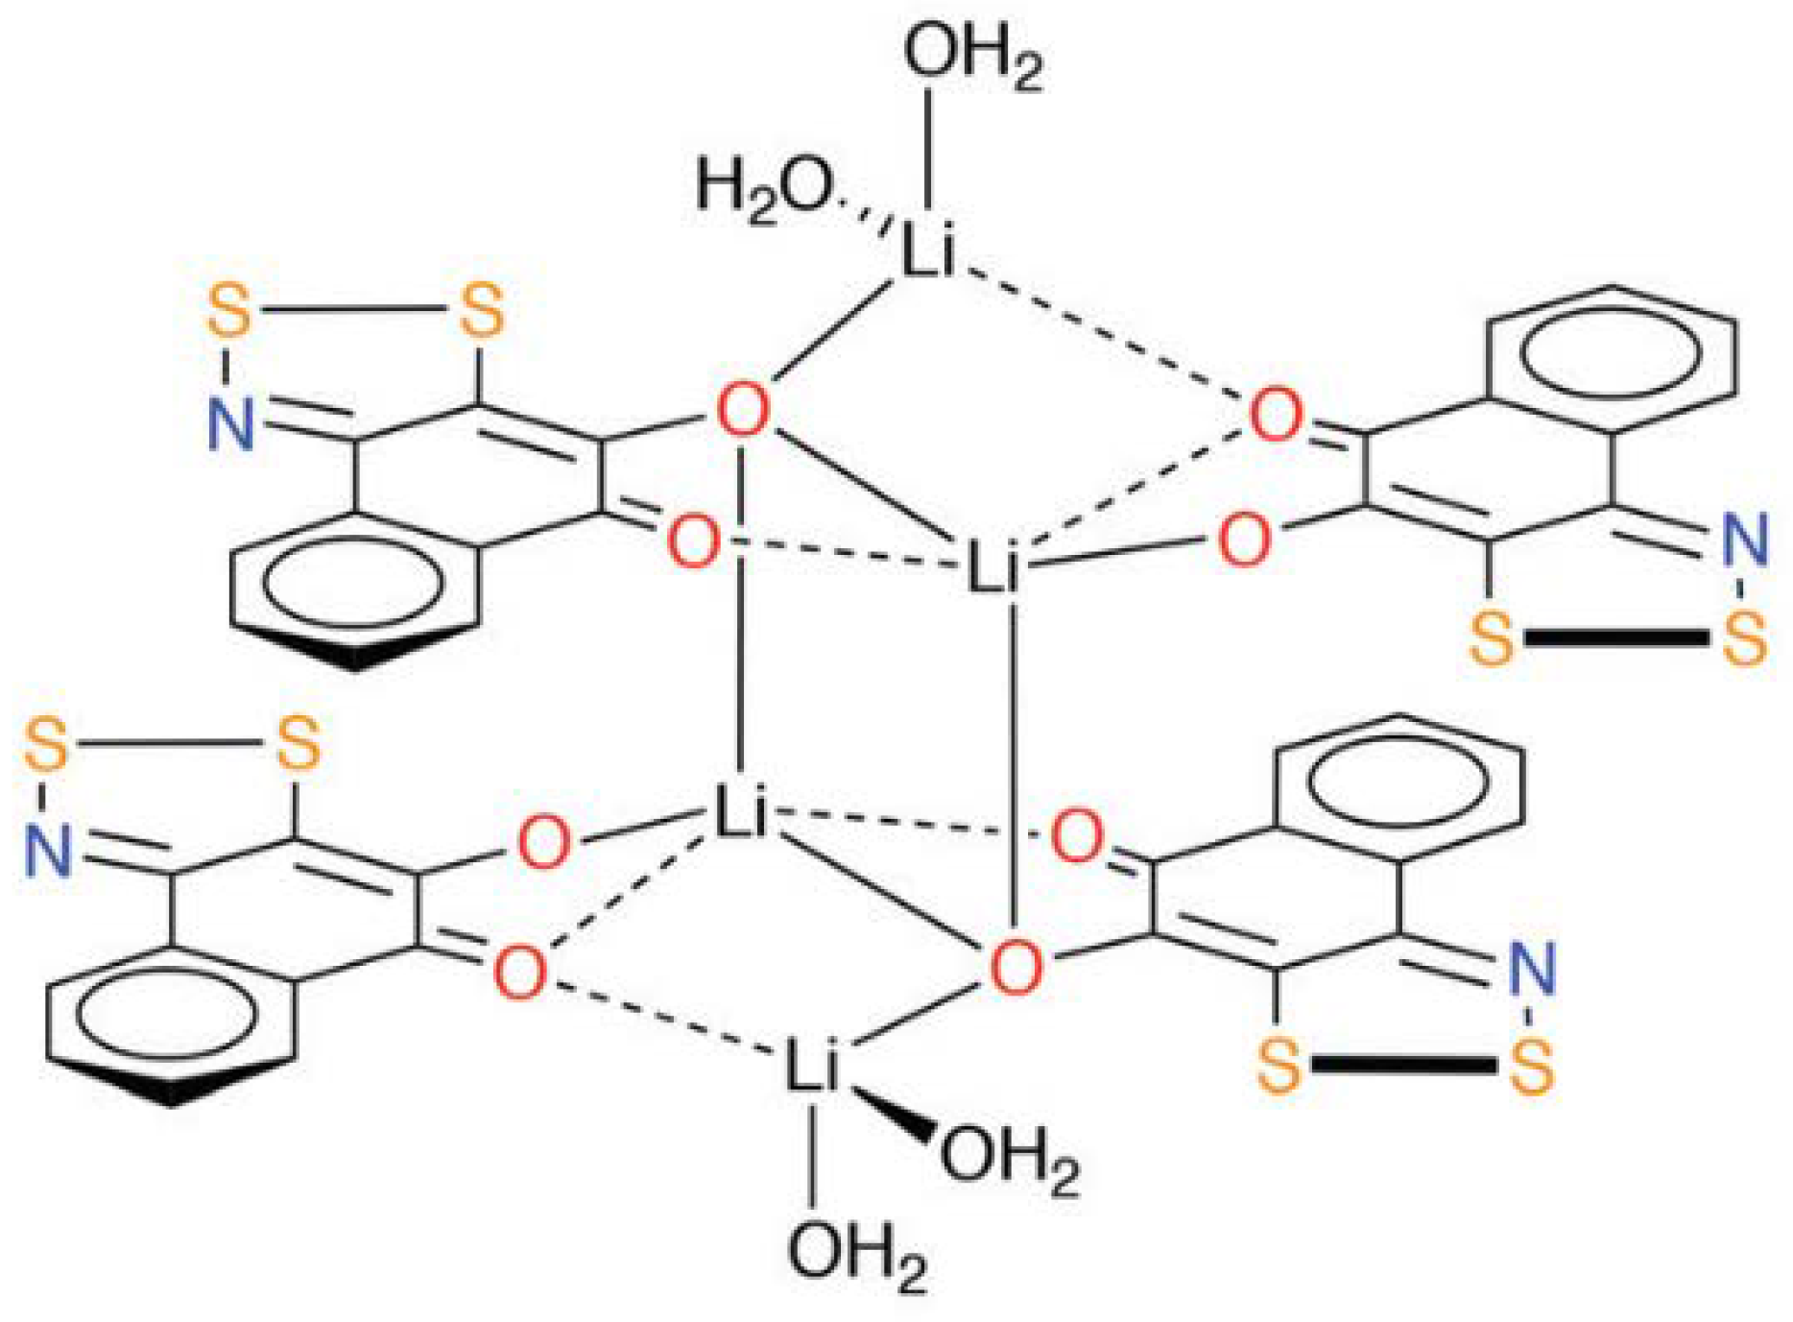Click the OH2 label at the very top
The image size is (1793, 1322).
971,55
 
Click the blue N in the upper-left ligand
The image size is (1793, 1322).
231,423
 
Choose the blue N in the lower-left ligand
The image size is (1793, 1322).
48,852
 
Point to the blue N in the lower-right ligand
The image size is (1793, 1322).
1531,969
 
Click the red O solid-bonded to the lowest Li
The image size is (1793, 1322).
1014,967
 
